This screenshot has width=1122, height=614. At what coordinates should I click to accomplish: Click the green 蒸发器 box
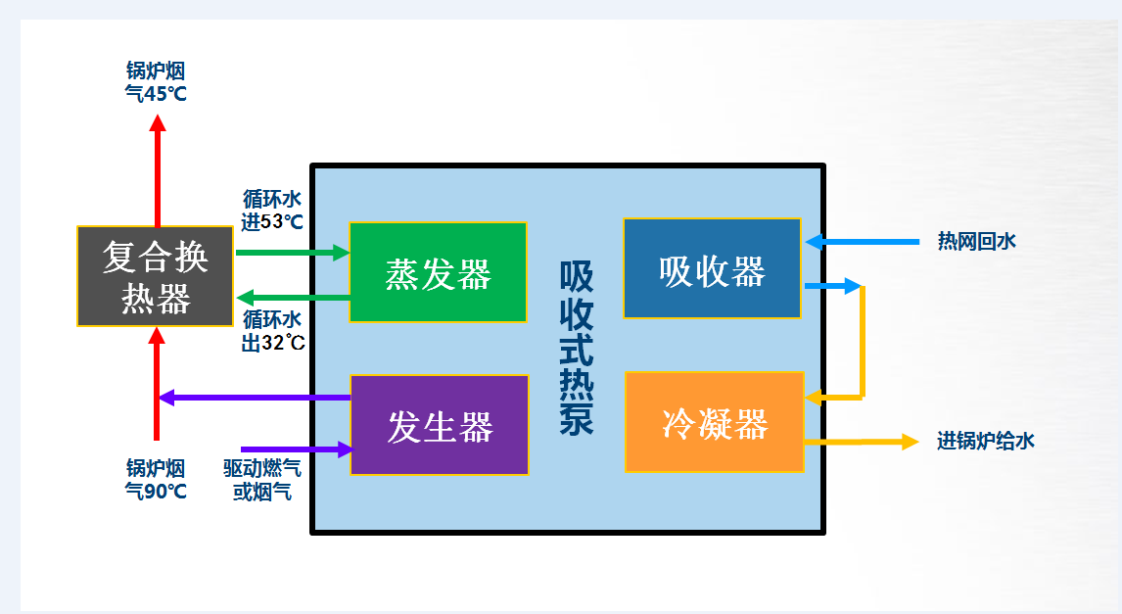click(438, 272)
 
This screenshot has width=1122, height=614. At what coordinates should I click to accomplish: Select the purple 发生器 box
click(440, 425)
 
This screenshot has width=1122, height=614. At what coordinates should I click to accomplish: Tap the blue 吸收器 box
click(712, 268)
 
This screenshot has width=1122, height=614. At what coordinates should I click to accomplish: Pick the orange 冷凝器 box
click(714, 422)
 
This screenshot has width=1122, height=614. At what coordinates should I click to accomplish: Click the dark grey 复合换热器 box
click(156, 276)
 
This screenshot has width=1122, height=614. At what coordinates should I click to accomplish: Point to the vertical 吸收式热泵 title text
click(577, 348)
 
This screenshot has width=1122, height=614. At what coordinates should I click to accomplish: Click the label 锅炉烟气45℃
click(156, 82)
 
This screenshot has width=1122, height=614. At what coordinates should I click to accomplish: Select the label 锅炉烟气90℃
click(156, 479)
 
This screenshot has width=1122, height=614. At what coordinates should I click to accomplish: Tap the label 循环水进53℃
click(272, 211)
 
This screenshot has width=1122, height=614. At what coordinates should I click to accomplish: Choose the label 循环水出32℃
click(273, 331)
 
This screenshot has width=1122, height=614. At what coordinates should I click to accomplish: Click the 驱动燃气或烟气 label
click(261, 480)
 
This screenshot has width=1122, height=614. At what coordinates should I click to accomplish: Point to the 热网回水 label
click(976, 241)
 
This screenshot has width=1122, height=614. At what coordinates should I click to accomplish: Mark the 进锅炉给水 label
click(985, 441)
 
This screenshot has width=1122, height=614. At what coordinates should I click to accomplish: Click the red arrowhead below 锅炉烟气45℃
click(157, 122)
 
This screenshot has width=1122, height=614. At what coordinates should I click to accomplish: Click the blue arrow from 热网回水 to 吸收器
click(862, 241)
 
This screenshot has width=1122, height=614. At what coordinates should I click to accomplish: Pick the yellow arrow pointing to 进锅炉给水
click(862, 442)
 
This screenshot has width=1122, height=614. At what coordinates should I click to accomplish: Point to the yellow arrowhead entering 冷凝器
click(814, 398)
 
